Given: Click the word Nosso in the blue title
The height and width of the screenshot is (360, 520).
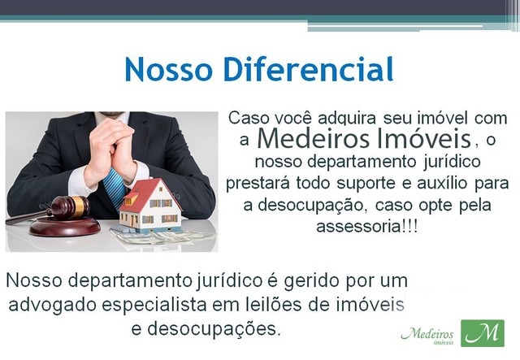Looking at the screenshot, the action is coord(168,69).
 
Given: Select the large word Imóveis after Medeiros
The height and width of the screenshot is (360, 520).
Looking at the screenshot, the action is coord(424,138).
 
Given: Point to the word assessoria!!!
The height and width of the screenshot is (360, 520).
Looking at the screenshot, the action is coord(367,227).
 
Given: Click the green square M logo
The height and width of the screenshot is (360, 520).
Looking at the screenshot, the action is coord(483,333).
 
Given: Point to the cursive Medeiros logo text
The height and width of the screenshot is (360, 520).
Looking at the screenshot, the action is coord(427,334).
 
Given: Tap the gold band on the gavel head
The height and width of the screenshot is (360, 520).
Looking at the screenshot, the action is coord(80,206).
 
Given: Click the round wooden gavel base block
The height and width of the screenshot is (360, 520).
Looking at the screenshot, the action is coord(64,228).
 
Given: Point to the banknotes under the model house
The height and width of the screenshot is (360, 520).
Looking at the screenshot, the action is coord(162,236).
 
